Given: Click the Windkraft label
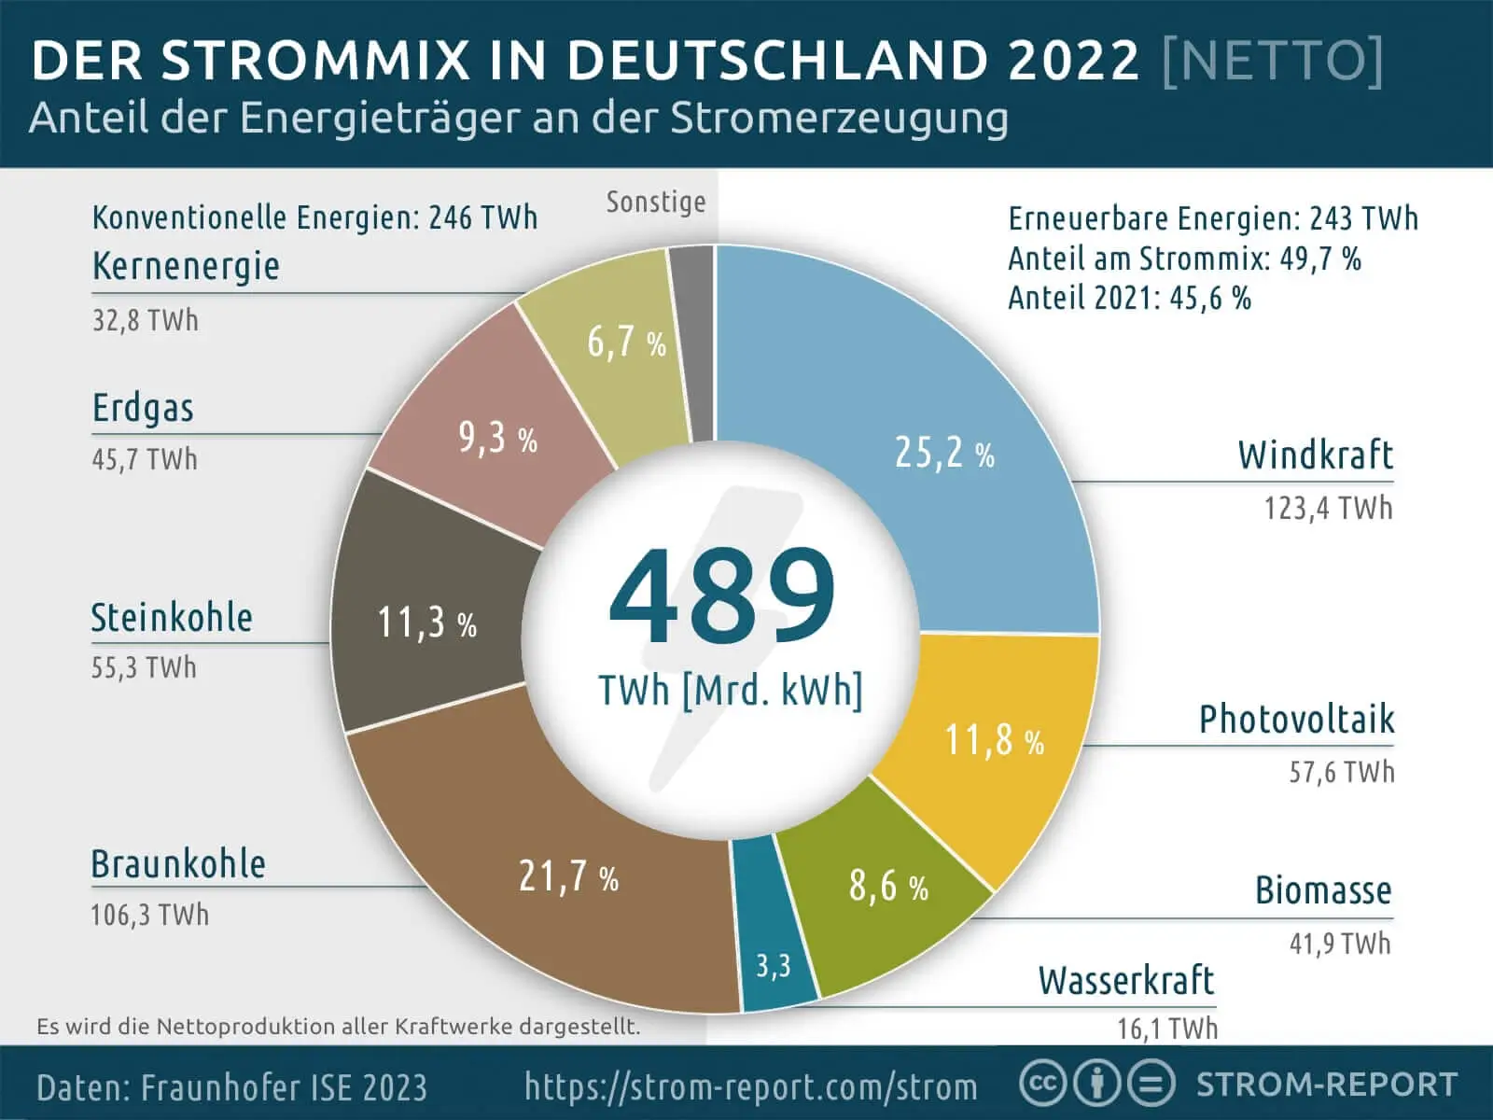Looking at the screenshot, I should [1315, 455].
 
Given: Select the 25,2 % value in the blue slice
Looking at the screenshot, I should [943, 453].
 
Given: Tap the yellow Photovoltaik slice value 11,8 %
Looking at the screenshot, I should [994, 740].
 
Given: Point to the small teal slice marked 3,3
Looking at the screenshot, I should [773, 964].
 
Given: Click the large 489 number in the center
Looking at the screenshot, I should [722, 597].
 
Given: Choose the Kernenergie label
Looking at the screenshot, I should [186, 266].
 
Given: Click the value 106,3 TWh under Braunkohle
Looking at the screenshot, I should [149, 914].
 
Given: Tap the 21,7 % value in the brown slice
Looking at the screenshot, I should [568, 876].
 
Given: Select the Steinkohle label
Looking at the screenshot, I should [172, 618].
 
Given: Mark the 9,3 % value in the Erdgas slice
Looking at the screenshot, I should [497, 437].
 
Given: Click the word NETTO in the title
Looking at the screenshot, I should [1273, 61].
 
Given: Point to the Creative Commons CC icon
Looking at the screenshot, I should [1042, 1084].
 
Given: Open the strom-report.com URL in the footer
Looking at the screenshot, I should [751, 1086].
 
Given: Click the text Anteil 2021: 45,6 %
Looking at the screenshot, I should [1129, 299].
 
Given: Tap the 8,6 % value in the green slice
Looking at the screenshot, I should [887, 886].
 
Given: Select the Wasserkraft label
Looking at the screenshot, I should [1125, 981].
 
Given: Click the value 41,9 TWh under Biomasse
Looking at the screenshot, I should [1340, 944].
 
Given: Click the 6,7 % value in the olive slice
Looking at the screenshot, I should [626, 343].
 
